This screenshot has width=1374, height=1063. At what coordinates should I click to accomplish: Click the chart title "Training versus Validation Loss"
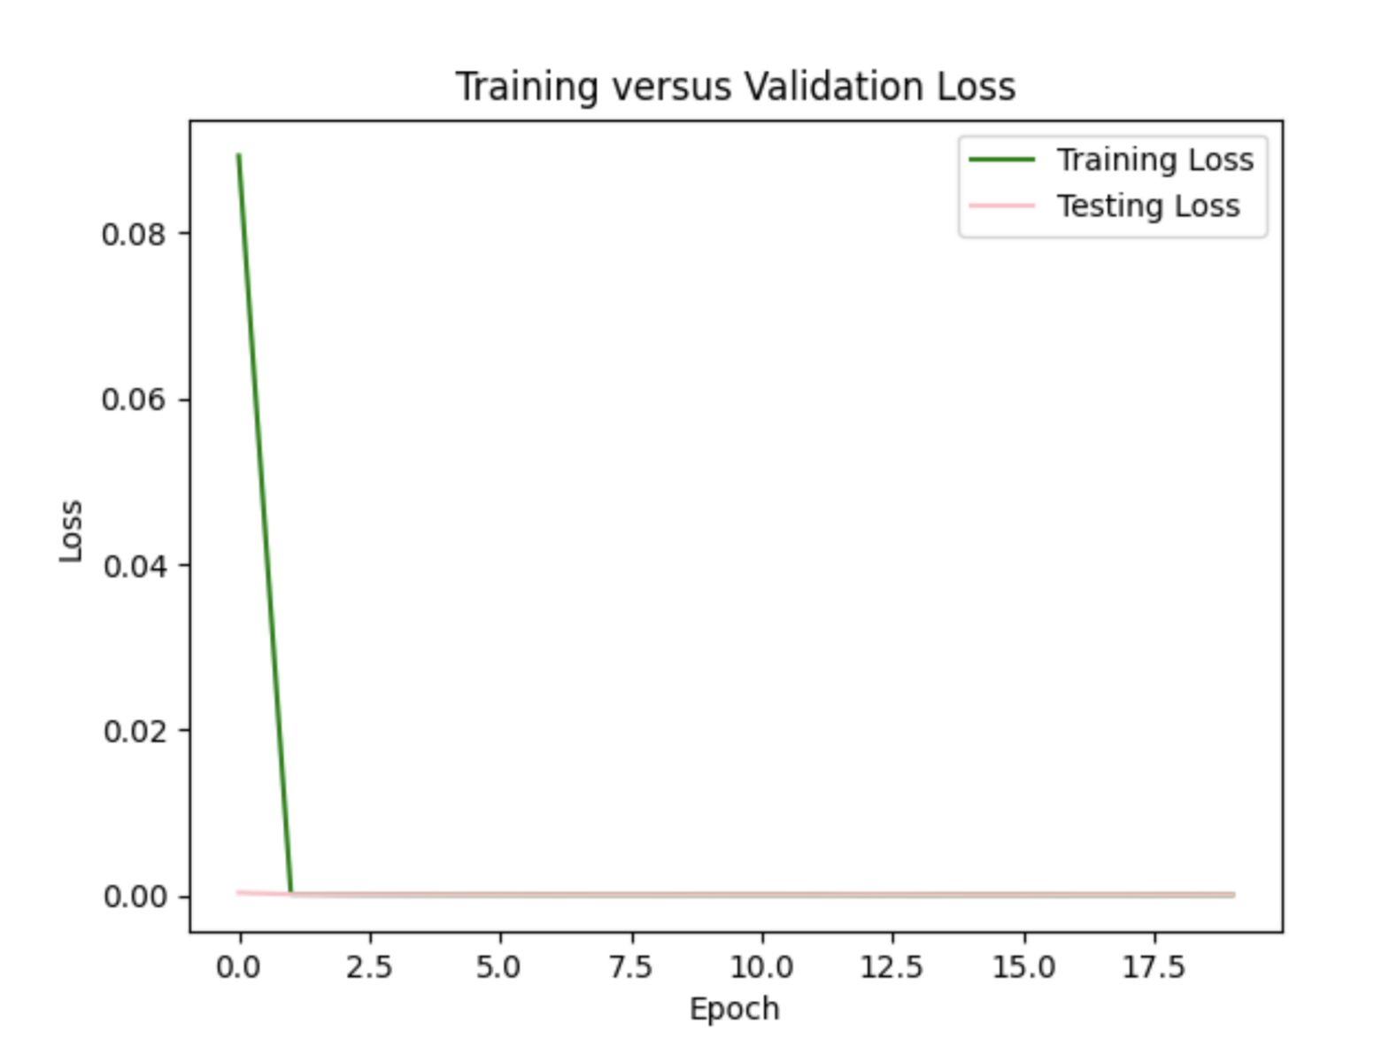[735, 87]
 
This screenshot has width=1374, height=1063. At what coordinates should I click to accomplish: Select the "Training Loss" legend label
[1154, 159]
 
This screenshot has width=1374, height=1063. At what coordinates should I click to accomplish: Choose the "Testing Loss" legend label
[1147, 206]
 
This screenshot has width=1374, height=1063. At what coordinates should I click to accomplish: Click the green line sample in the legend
[1001, 159]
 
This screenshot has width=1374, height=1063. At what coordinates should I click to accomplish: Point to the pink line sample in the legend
[1001, 206]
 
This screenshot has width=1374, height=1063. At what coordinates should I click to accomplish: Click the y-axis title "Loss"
[71, 531]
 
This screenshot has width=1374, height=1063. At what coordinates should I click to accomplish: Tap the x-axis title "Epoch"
[734, 1009]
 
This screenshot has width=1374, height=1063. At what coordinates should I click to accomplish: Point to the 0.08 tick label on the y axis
[134, 234]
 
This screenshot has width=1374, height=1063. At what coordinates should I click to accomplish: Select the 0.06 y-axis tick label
[134, 400]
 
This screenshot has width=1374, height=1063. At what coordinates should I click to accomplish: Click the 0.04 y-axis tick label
[134, 565]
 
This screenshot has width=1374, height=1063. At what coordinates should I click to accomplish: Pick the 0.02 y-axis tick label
[134, 731]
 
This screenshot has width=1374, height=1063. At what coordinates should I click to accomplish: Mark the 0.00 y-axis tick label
[134, 896]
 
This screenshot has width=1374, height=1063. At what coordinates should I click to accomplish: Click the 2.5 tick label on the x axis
[369, 966]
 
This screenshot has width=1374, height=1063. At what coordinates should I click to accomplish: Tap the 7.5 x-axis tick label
[631, 966]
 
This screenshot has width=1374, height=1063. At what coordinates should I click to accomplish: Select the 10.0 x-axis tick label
[761, 966]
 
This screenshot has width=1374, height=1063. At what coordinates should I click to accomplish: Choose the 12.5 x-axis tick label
[892, 966]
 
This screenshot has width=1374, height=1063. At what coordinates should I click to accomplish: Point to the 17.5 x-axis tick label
[1154, 966]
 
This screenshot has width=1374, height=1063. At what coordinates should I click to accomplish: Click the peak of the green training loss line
[239, 156]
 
